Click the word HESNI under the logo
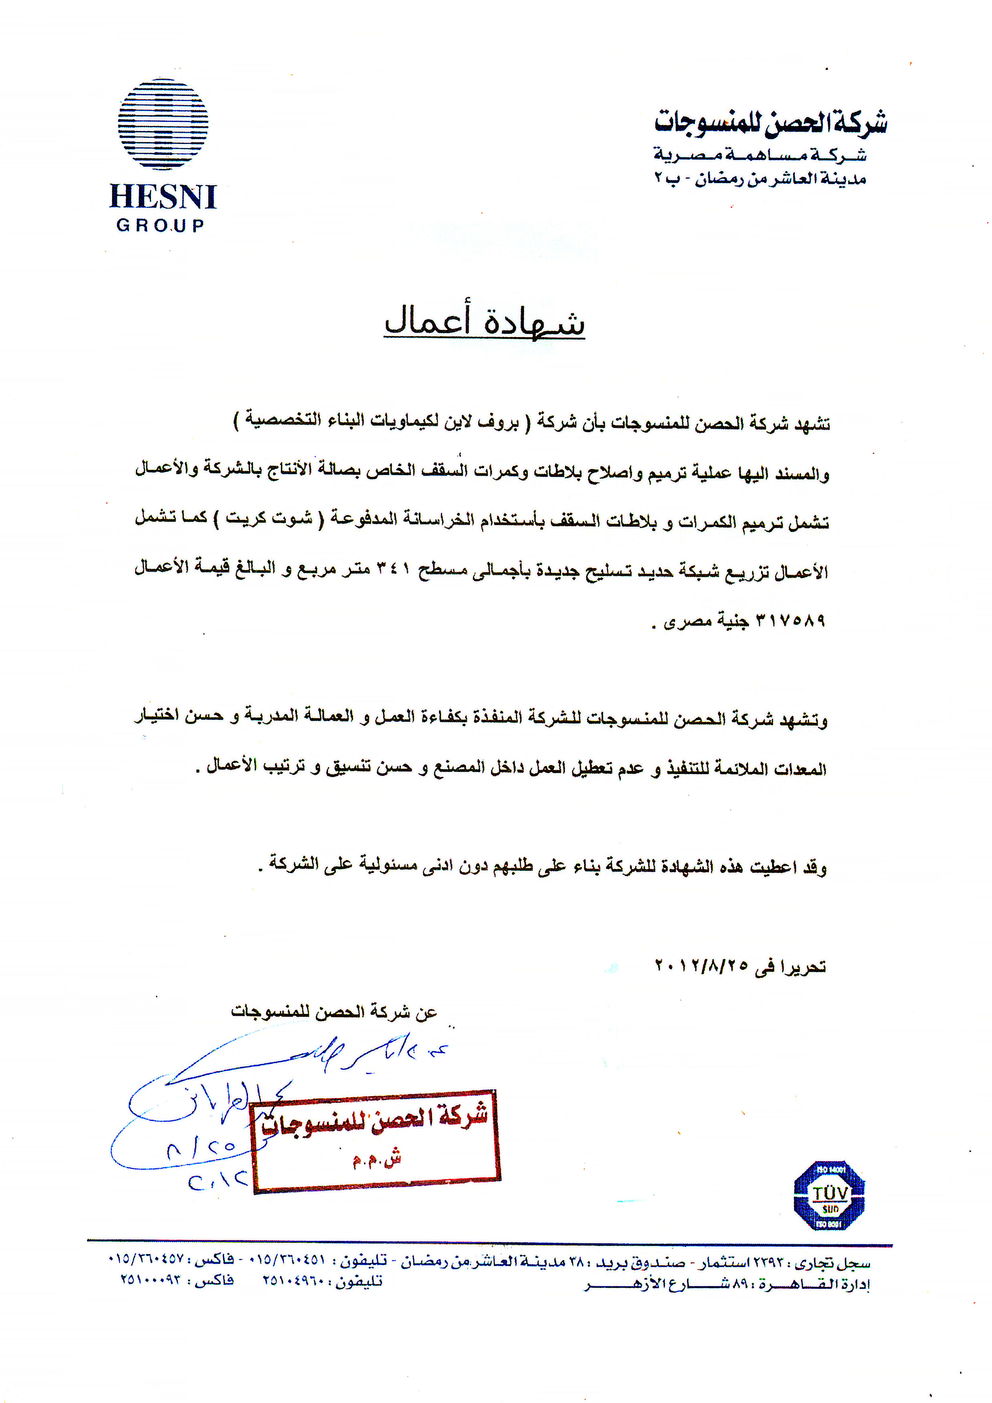click(163, 197)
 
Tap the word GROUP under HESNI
click(160, 225)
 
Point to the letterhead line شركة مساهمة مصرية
click(760, 155)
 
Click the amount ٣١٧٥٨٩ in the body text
click(791, 621)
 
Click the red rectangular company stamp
click(376, 1140)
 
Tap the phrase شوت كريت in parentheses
click(269, 520)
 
